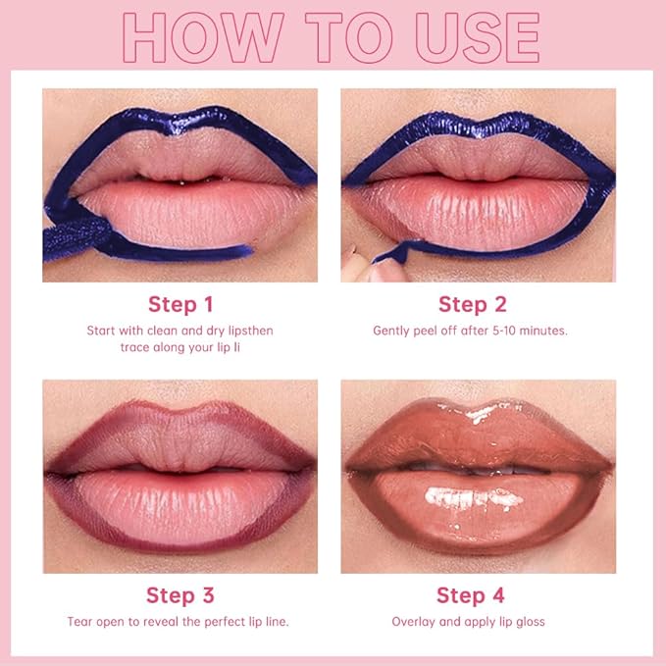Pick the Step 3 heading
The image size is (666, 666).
(179, 594)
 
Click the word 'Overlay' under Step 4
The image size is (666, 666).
(413, 622)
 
